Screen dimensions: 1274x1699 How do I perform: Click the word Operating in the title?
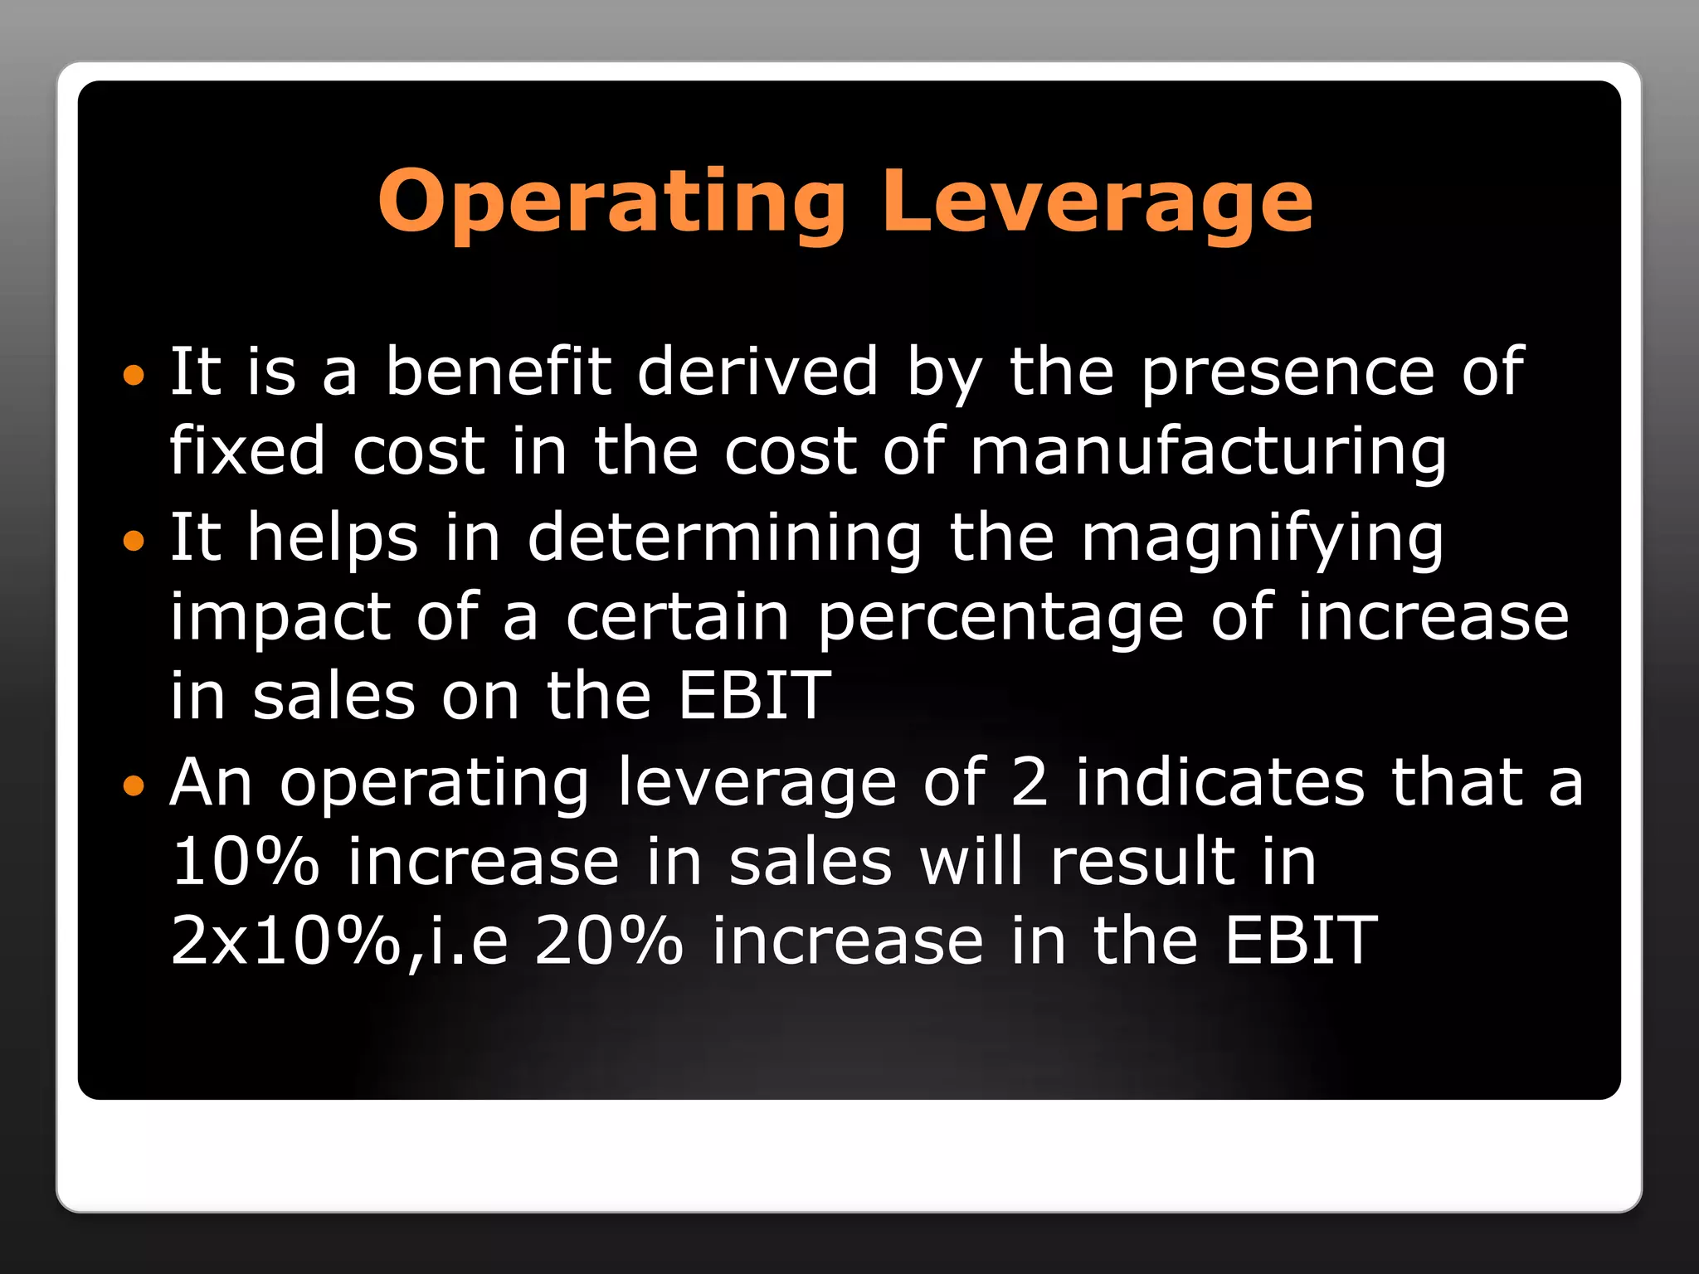point(612,202)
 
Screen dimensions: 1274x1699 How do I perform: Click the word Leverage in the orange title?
point(1098,202)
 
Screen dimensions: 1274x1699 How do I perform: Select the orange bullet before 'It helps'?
point(133,542)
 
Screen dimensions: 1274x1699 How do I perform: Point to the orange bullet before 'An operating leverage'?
point(133,785)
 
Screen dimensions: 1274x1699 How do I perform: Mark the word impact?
point(280,618)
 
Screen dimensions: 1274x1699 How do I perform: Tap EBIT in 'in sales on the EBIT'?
point(753,695)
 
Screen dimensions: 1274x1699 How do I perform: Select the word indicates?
point(1219,782)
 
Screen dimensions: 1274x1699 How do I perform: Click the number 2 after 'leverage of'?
point(1030,782)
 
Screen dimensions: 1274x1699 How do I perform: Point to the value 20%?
point(609,941)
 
